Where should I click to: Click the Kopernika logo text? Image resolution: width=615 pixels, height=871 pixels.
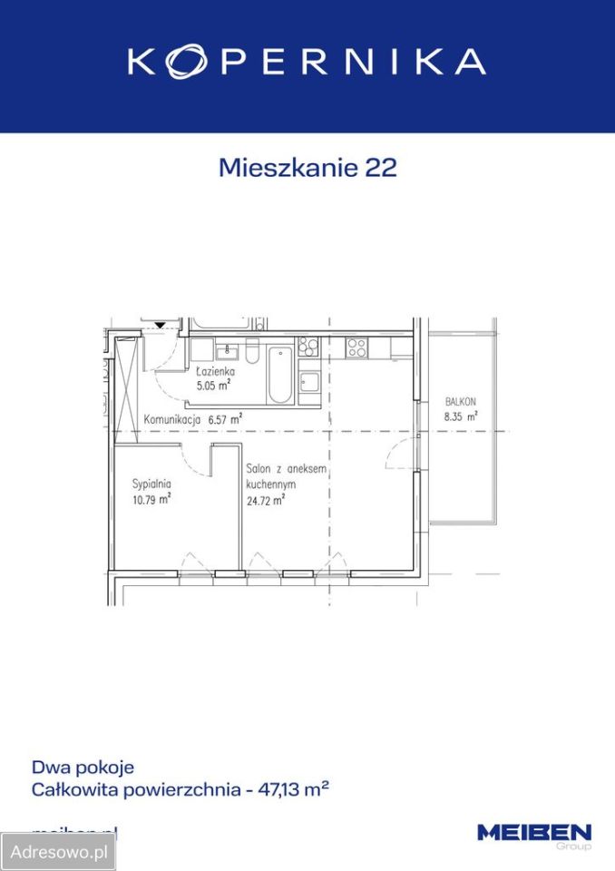(307, 61)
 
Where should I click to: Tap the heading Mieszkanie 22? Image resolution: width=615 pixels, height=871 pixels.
(307, 168)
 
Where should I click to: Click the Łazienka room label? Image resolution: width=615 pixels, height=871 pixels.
(216, 372)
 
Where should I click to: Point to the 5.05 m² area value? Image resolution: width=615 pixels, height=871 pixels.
(214, 385)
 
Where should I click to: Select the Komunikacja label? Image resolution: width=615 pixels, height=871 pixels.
(171, 419)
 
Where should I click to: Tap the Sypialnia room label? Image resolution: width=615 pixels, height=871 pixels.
(151, 483)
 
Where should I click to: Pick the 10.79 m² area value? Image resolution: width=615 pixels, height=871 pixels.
(151, 497)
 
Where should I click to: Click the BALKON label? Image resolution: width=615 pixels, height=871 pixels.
(460, 402)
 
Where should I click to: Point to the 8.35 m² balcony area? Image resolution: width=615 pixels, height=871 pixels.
(460, 416)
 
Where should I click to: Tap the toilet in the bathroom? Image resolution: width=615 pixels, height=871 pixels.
(251, 351)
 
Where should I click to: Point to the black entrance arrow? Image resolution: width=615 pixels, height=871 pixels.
(160, 324)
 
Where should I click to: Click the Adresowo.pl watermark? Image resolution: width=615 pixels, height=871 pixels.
(58, 852)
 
